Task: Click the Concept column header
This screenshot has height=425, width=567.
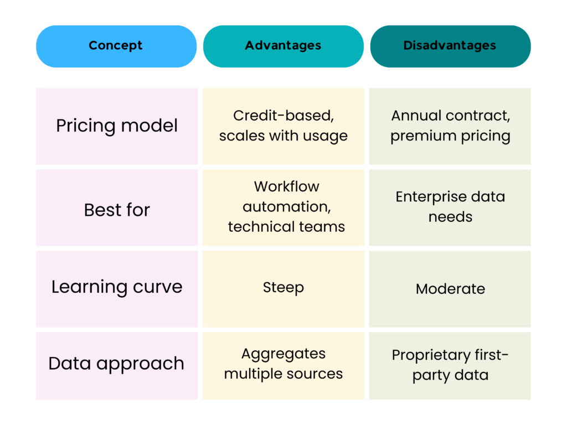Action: [x=116, y=46]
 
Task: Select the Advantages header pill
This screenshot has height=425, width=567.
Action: [x=283, y=46]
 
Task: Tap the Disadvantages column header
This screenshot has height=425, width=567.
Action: [x=450, y=46]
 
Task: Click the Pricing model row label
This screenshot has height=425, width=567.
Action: [x=117, y=126]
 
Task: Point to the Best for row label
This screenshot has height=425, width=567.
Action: [x=117, y=210]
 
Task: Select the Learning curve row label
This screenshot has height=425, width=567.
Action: [x=117, y=287]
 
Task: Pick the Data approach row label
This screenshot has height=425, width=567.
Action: [x=116, y=364]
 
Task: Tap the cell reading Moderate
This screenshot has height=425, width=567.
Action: [x=450, y=289]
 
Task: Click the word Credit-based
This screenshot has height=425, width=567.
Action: [x=283, y=116]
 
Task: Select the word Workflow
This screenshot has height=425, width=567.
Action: [x=286, y=186]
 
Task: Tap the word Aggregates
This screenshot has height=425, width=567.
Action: [x=283, y=354]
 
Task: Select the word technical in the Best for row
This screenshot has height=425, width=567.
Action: [x=256, y=226]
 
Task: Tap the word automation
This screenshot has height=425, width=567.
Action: [x=286, y=207]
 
